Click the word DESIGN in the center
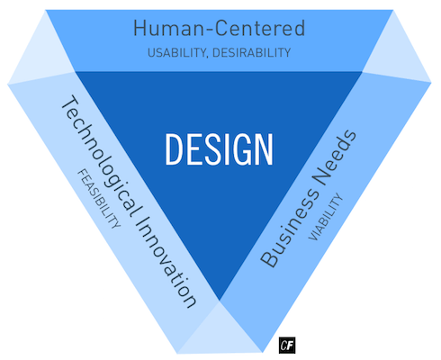pos(219,149)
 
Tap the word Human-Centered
pos(220,28)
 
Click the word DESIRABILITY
pos(251,53)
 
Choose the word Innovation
pos(167,261)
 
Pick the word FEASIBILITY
pos(99,198)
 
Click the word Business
pos(290,228)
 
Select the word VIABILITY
pos(326,217)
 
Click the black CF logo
pos(287,346)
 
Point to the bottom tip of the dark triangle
pos(220,300)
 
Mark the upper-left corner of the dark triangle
pos(75,72)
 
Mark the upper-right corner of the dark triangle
pos(363,72)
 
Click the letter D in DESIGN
pos(173,149)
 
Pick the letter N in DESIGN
pos(265,149)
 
